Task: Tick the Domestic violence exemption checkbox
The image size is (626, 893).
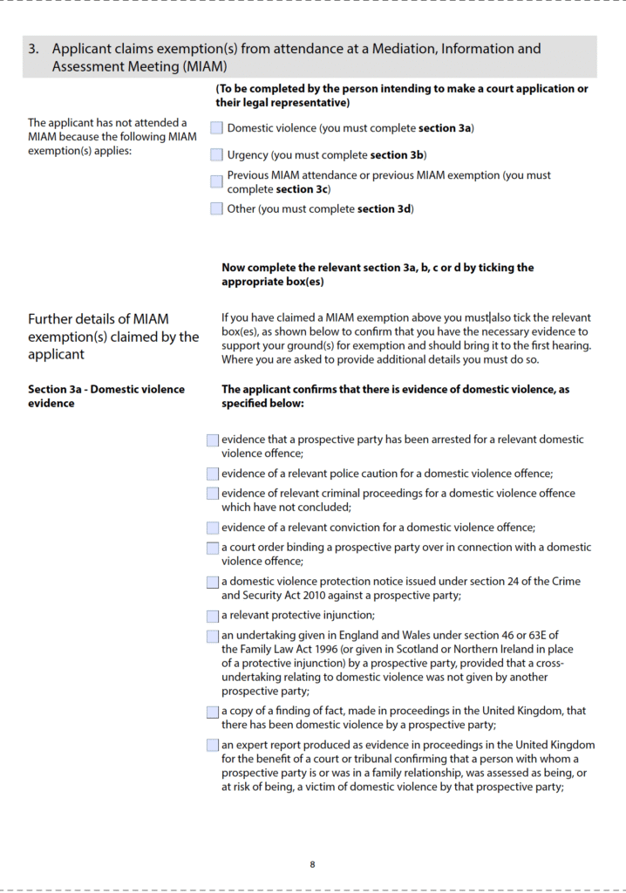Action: tap(216, 128)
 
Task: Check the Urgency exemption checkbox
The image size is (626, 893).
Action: tap(216, 155)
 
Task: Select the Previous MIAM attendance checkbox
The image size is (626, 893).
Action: tap(216, 181)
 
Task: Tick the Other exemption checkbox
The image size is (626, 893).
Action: tap(216, 208)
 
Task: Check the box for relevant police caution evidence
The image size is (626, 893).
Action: tap(213, 474)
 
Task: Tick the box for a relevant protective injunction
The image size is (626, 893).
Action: tap(213, 616)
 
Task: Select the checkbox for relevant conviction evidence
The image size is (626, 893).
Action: tap(213, 528)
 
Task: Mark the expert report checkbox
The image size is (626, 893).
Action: tap(213, 745)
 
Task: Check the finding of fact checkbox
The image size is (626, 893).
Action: tap(213, 712)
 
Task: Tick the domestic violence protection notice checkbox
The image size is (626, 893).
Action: tap(213, 582)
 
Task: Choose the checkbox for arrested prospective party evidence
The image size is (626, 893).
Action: tap(213, 440)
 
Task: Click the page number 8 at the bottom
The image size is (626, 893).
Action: tap(312, 864)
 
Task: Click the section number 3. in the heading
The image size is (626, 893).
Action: tap(33, 49)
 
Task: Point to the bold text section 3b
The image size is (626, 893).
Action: tap(397, 155)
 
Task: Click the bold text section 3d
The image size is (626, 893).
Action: tap(384, 208)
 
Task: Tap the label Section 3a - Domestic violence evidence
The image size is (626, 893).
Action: tap(105, 396)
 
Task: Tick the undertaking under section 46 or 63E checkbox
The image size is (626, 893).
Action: tap(213, 636)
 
